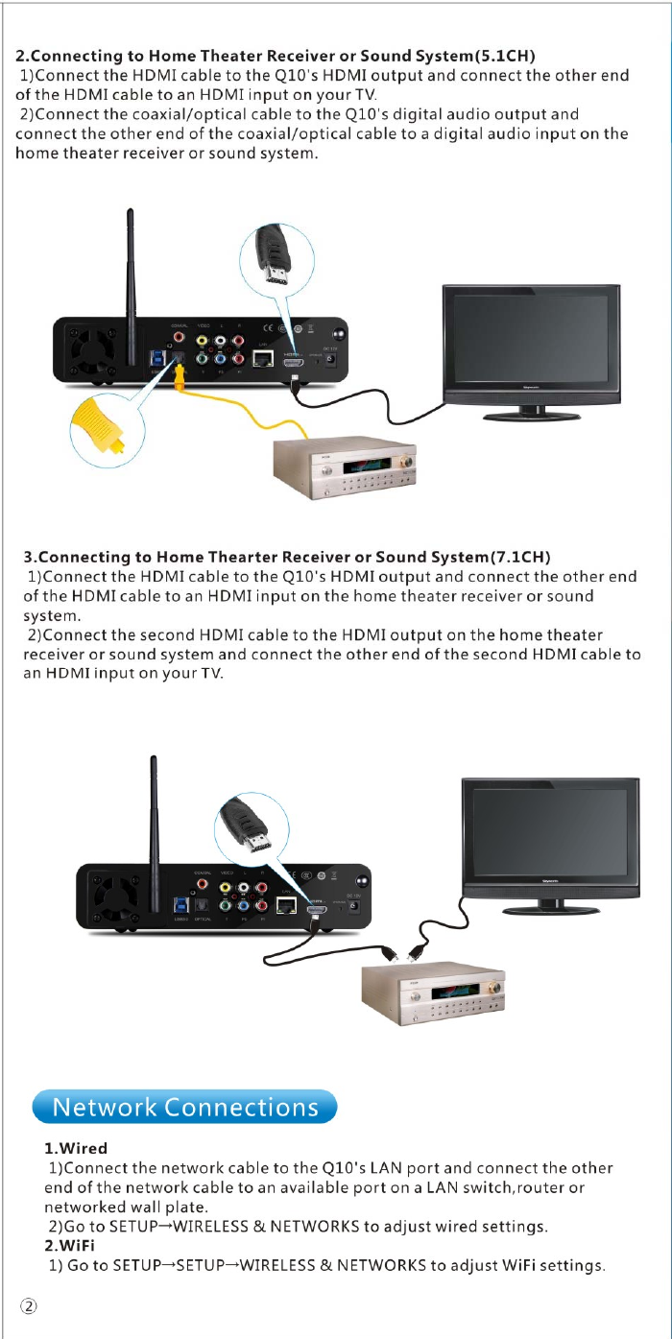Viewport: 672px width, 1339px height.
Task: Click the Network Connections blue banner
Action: (184, 1107)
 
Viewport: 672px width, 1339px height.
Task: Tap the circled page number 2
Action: (29, 1306)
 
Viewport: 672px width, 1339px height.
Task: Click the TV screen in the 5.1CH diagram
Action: (529, 341)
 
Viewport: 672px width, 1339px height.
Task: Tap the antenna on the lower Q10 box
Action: (153, 816)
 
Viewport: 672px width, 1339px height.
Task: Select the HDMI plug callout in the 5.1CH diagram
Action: (277, 258)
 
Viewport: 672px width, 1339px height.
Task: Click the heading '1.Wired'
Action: (76, 1148)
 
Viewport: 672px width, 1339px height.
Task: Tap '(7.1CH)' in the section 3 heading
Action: (519, 557)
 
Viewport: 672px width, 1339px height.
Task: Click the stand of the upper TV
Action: (532, 413)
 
